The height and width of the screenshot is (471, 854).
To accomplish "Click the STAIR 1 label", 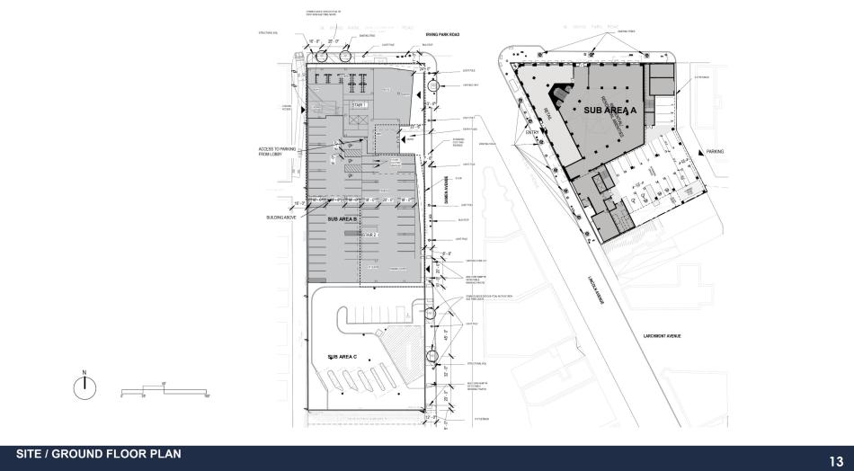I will point(358,105).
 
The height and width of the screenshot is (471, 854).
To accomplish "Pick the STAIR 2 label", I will point(368,234).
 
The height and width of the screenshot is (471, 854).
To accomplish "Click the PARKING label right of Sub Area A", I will point(715,152).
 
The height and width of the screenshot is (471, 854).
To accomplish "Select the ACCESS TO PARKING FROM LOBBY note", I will point(272,151).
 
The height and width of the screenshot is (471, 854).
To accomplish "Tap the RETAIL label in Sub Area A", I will point(548,113).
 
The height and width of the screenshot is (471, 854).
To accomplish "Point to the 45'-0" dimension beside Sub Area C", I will point(440,339).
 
